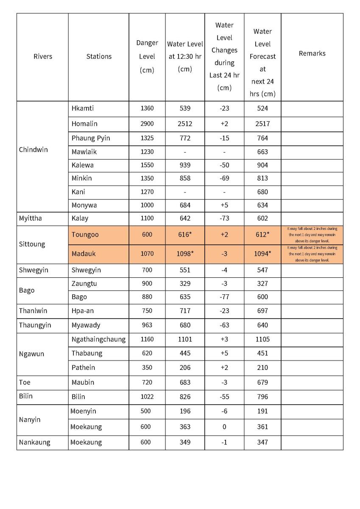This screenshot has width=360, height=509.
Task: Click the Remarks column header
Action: click(312, 53)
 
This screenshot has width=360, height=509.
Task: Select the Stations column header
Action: click(99, 56)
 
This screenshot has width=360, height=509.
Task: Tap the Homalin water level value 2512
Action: click(185, 124)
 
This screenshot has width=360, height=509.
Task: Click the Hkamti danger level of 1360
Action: click(147, 108)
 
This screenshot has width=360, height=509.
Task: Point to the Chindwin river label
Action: click(33, 150)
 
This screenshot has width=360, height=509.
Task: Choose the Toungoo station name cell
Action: click(85, 235)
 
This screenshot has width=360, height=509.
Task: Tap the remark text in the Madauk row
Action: click(312, 254)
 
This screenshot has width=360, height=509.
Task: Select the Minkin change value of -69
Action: click(224, 178)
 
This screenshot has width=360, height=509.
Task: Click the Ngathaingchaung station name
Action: click(99, 339)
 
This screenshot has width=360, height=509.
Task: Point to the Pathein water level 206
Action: click(185, 367)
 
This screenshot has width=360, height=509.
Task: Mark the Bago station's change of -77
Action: click(224, 297)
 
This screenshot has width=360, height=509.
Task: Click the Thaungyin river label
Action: click(35, 325)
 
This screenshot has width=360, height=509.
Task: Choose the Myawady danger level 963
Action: click(147, 325)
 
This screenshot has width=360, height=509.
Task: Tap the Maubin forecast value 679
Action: click(262, 382)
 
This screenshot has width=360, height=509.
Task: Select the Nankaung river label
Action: click(34, 442)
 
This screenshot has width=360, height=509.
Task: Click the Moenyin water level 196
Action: click(185, 411)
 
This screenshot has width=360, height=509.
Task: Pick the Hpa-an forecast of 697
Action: click(262, 311)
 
